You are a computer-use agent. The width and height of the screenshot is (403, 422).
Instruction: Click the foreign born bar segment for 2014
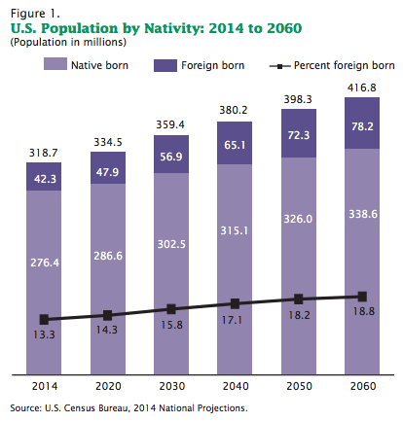44,176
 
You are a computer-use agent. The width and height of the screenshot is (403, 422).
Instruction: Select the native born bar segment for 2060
362,262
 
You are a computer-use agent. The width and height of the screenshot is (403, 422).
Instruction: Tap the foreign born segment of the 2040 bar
235,143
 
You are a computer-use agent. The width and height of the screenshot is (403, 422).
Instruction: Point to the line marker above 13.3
44,320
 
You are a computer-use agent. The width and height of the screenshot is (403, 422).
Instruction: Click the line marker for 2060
362,297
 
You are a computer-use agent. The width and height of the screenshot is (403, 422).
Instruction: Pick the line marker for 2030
171,309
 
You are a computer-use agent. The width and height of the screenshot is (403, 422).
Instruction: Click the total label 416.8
362,88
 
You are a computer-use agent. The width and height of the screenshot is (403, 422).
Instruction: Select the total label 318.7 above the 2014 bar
43,153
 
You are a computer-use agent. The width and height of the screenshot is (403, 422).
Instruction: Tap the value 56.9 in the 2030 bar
171,157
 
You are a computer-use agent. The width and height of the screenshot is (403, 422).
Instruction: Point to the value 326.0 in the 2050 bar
298,219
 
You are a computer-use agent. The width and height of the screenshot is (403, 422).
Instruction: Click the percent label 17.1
232,320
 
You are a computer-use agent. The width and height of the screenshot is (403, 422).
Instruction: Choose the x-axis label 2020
108,386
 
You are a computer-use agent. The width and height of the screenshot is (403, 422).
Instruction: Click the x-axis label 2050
299,386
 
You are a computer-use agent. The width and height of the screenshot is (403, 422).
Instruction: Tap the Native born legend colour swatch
55,64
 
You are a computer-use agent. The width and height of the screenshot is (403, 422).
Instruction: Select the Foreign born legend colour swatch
165,65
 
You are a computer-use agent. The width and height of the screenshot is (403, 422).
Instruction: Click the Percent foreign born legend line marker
279,66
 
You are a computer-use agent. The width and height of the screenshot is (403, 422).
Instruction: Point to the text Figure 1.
35,14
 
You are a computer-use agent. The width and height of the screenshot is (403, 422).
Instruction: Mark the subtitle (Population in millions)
68,42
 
